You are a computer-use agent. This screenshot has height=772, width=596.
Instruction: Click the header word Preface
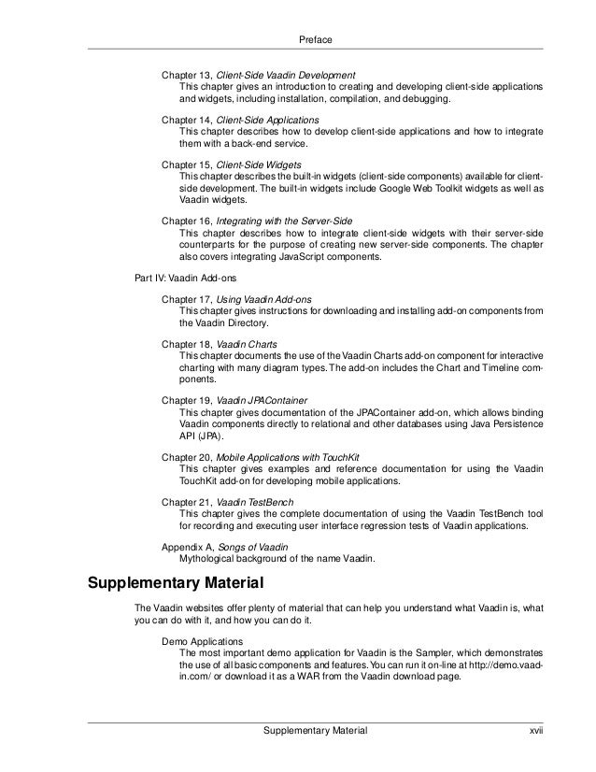tap(315, 40)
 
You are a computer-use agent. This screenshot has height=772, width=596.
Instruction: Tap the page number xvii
tap(535, 729)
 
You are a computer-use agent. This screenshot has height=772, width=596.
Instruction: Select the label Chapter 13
tap(187, 74)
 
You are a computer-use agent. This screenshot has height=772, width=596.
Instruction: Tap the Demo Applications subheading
tap(203, 642)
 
